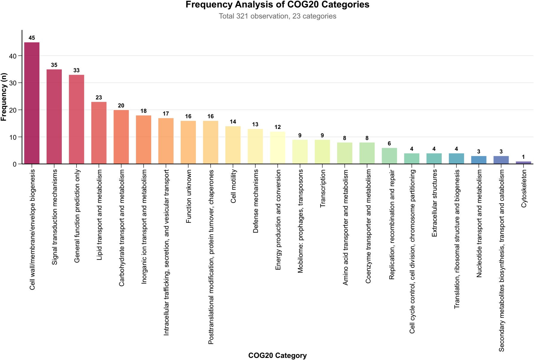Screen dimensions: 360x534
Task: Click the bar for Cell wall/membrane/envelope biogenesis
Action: pos(32,103)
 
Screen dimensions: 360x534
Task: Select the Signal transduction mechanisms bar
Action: pos(54,117)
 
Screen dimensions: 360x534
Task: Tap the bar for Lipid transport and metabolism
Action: pos(99,133)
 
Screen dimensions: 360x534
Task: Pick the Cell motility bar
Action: pos(233,145)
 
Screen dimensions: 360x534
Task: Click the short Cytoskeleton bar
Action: pos(523,163)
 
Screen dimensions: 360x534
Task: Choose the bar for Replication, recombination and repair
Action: pos(389,156)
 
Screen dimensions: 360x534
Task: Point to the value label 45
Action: pos(32,38)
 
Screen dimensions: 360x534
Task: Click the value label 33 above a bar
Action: pos(76,70)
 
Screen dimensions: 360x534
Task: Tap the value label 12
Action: pos(277,127)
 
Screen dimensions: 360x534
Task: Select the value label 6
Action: pos(389,144)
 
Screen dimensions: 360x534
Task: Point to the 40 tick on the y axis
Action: pos(13,56)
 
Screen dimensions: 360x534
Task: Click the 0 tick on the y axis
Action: pos(15,164)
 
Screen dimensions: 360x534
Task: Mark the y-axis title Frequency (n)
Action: pos(4,97)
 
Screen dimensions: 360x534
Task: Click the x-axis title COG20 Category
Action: pos(277,356)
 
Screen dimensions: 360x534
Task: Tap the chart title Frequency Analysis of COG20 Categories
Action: pos(277,5)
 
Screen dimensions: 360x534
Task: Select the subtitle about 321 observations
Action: pos(277,16)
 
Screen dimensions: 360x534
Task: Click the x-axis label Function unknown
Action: pos(188,196)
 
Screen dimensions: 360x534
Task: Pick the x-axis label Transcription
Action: pos(323,189)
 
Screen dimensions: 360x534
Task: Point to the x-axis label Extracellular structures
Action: pos(434,203)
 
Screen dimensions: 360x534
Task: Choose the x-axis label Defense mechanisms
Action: pos(256,201)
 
